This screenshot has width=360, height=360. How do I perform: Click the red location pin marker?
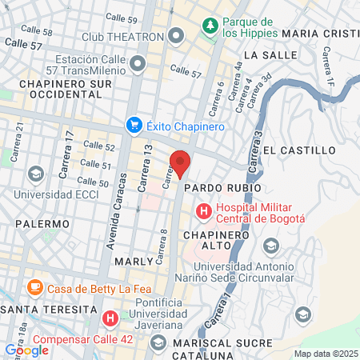coord(181,163)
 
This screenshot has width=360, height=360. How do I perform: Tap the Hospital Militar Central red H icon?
coord(203,212)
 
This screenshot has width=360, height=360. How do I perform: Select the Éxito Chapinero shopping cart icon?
coord(134,125)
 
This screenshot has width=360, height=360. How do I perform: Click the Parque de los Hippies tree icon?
coord(210,26)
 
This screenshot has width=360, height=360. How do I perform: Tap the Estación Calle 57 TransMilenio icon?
coord(139,63)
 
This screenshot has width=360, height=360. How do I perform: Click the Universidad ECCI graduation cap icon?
coord(35,174)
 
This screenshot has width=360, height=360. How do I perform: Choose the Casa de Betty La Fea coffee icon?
coord(34,288)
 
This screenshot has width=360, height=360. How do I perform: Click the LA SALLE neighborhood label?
coord(263,54)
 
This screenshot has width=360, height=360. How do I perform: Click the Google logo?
coord(26,350)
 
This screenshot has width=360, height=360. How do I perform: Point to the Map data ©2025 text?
coord(326,354)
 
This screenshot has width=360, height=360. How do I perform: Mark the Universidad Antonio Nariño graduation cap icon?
coord(271,246)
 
